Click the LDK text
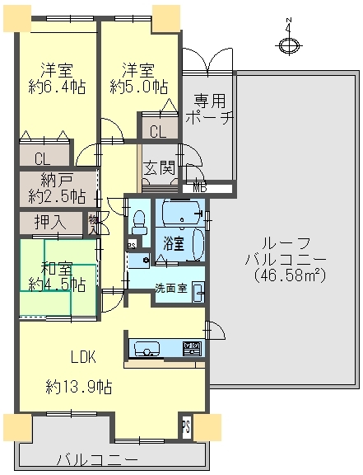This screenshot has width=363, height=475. point(82,357)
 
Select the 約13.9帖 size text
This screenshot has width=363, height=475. point(79,385)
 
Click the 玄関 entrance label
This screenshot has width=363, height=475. point(160,169)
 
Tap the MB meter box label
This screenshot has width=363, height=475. point(200,188)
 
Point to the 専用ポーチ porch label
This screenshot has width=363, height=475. point(211,109)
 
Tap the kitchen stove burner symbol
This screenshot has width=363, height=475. point(192,347)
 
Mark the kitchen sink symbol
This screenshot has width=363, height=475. point(148,347)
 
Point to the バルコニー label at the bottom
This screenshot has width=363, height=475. point(97,459)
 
